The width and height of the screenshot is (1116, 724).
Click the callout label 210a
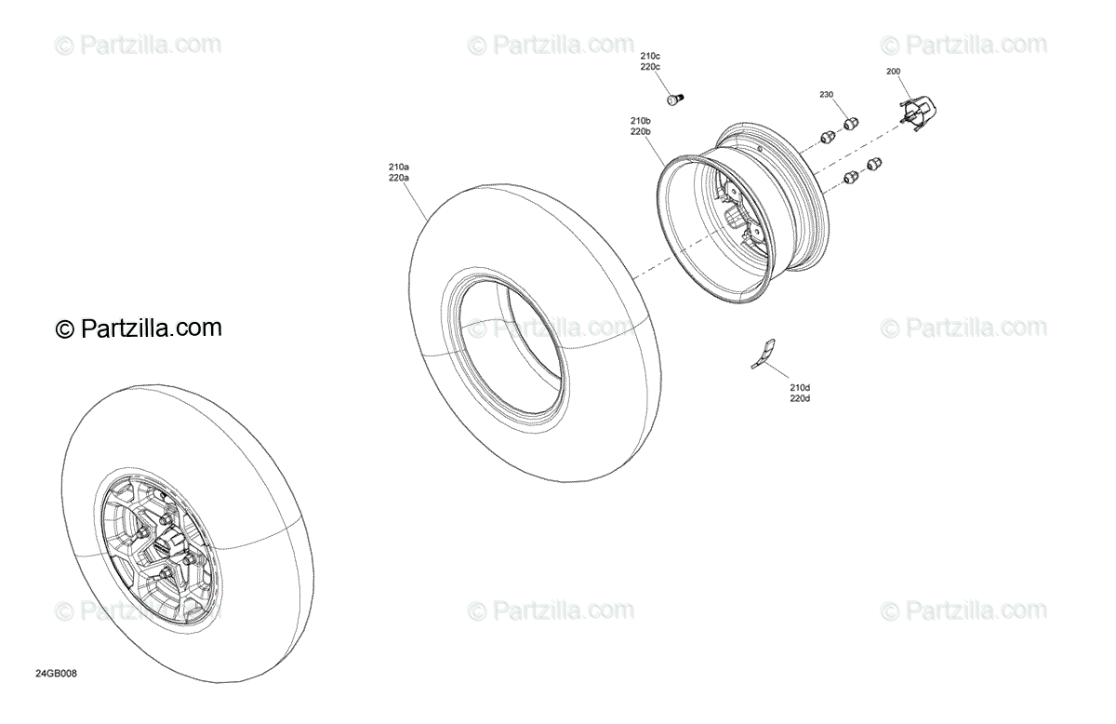click(399, 167)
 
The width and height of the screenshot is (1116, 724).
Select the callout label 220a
click(399, 178)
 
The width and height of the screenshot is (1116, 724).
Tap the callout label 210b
click(640, 121)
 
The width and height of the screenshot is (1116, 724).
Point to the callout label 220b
click(640, 132)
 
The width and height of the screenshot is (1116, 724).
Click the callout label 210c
click(650, 57)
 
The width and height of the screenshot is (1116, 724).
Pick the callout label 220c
click(650, 67)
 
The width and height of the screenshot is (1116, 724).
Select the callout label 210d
click(800, 388)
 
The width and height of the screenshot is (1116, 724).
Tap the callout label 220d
click(800, 399)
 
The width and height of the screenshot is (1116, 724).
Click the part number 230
click(827, 95)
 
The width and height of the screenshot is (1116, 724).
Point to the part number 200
click(894, 72)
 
